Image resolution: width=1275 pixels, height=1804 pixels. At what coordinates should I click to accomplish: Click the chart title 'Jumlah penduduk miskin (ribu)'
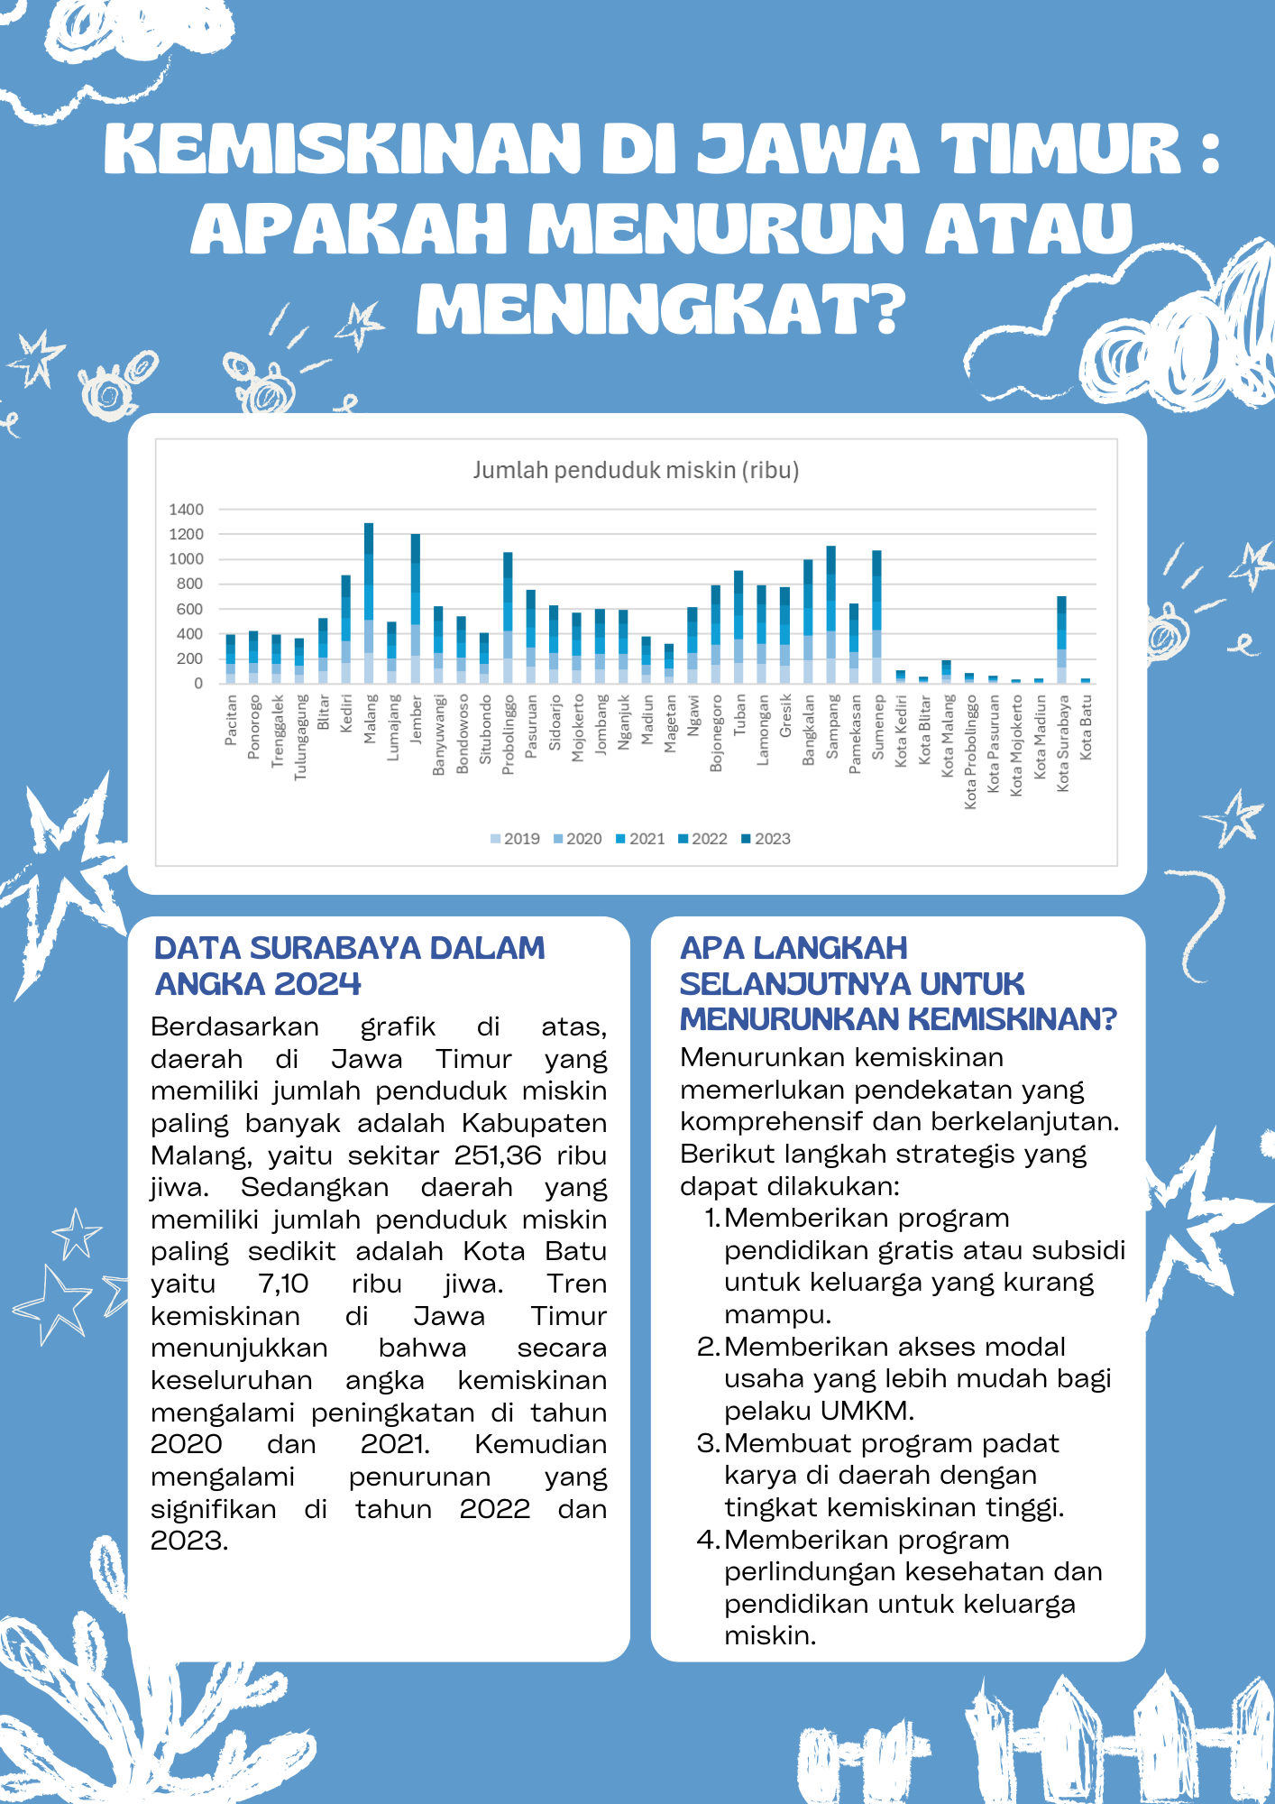click(x=636, y=470)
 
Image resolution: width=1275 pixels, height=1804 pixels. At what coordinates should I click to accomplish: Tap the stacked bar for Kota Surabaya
click(x=1061, y=640)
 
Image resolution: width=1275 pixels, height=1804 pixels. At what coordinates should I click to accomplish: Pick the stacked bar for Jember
click(x=415, y=608)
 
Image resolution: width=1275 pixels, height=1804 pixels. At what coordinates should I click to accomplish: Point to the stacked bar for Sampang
click(x=830, y=614)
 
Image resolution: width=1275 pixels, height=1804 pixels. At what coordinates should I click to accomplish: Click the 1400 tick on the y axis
click(x=186, y=510)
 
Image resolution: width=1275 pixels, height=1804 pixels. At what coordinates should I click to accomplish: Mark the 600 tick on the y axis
click(x=189, y=609)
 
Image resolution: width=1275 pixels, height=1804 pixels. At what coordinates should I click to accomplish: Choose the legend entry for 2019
click(x=515, y=839)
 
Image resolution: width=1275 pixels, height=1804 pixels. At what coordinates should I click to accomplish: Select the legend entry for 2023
click(x=766, y=839)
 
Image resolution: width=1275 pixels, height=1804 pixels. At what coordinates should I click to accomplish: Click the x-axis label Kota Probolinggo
click(x=970, y=751)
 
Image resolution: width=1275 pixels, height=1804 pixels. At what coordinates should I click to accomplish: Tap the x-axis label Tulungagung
click(x=300, y=737)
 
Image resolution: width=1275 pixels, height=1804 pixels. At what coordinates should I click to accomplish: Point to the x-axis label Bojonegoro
click(x=716, y=732)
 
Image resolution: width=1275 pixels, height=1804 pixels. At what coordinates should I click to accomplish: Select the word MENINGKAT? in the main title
click(x=661, y=309)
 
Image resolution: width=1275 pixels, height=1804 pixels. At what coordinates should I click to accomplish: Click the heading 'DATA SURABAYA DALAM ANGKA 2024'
click(x=350, y=965)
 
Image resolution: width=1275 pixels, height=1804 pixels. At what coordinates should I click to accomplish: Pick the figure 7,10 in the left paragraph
click(x=282, y=1284)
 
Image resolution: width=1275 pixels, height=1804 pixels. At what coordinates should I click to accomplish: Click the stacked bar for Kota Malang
click(x=946, y=672)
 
